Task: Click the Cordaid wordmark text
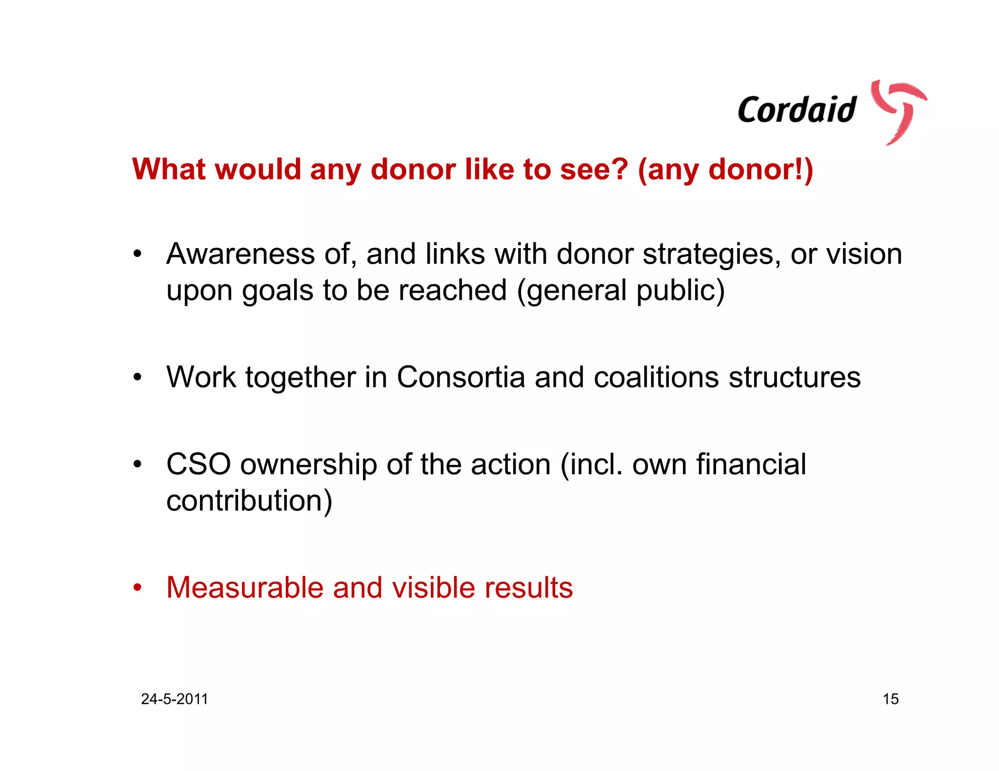[x=797, y=110]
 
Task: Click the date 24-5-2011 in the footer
[x=174, y=699]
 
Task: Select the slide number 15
[x=890, y=699]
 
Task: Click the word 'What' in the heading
[x=169, y=169]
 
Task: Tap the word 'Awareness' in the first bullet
[x=240, y=254]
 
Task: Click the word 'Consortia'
[x=460, y=377]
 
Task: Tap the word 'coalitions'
[x=656, y=377]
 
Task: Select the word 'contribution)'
[x=249, y=501]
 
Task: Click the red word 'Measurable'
[x=244, y=587]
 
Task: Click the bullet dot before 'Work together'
[x=138, y=378]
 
